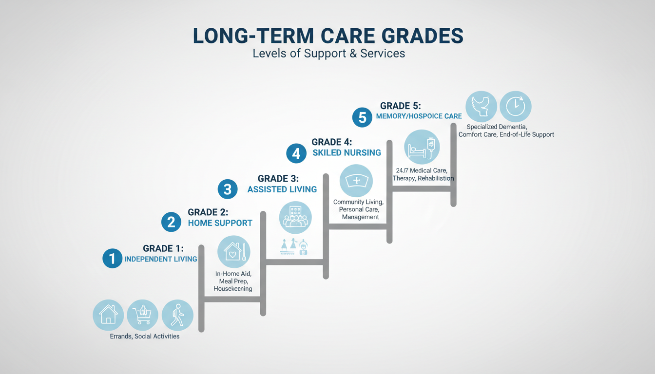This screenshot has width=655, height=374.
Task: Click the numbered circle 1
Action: pyautogui.click(x=112, y=258)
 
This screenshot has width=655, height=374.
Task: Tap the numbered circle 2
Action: pyautogui.click(x=171, y=222)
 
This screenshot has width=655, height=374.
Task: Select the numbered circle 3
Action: pyautogui.click(x=228, y=189)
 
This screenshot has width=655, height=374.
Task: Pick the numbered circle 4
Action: pyautogui.click(x=296, y=153)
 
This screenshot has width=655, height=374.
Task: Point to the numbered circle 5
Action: pyautogui.click(x=362, y=117)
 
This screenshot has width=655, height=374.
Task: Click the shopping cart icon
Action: pyautogui.click(x=142, y=315)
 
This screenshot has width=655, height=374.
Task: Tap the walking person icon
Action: pyautogui.click(x=177, y=315)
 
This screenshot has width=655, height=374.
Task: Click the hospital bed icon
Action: pyautogui.click(x=422, y=147)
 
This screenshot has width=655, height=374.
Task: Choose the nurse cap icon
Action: pyautogui.click(x=356, y=181)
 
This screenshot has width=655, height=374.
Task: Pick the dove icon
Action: pyautogui.click(x=481, y=106)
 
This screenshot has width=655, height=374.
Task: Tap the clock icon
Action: pyautogui.click(x=515, y=106)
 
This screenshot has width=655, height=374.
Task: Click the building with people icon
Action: pyautogui.click(x=295, y=217)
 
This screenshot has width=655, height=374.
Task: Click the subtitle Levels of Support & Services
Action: pyautogui.click(x=328, y=53)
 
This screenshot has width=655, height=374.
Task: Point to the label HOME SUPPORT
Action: pyautogui.click(x=220, y=223)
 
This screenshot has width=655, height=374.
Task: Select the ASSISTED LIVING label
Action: pyautogui.click(x=282, y=189)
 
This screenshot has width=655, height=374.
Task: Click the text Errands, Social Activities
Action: pyautogui.click(x=145, y=336)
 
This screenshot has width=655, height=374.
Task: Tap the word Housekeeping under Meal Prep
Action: pyautogui.click(x=233, y=289)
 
